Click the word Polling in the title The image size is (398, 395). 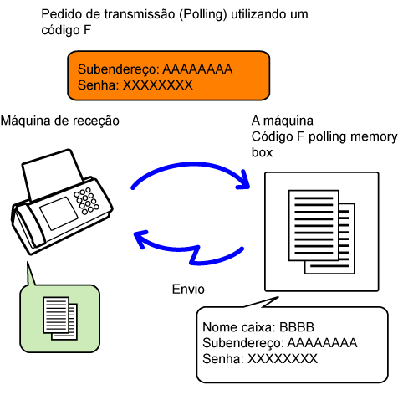(x=203, y=14)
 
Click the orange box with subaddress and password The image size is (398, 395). (x=169, y=75)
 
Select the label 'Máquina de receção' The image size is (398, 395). (x=60, y=121)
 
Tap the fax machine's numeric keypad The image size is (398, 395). (x=86, y=201)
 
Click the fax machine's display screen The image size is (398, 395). (x=59, y=213)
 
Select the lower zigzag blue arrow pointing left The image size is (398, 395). (x=189, y=248)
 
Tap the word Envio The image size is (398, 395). (x=188, y=290)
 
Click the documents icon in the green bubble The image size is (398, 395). (x=60, y=318)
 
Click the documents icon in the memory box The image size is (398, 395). (x=322, y=232)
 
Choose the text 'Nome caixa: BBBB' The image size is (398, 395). (x=258, y=327)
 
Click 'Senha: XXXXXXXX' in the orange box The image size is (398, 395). (x=135, y=85)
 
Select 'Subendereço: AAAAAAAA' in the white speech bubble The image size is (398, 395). (x=280, y=343)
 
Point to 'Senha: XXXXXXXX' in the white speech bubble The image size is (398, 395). (x=260, y=359)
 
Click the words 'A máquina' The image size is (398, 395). (x=283, y=121)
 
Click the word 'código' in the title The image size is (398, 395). (x=60, y=30)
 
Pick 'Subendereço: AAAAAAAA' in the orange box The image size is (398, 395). (x=155, y=69)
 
